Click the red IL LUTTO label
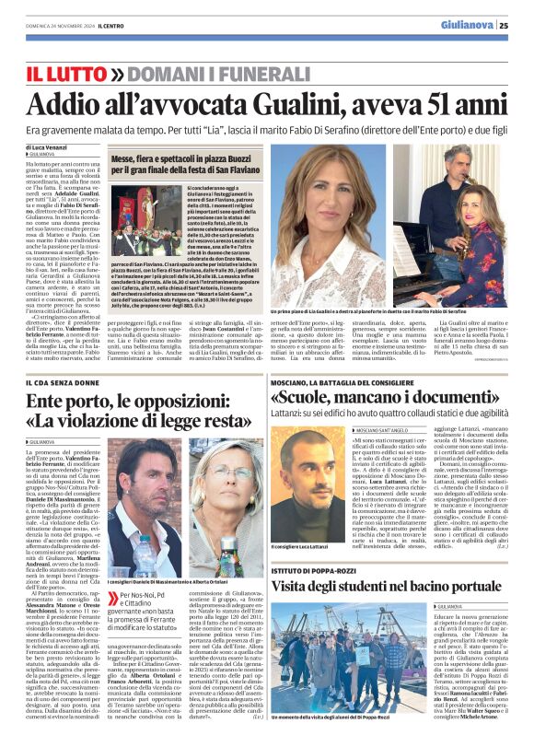[61, 73]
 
